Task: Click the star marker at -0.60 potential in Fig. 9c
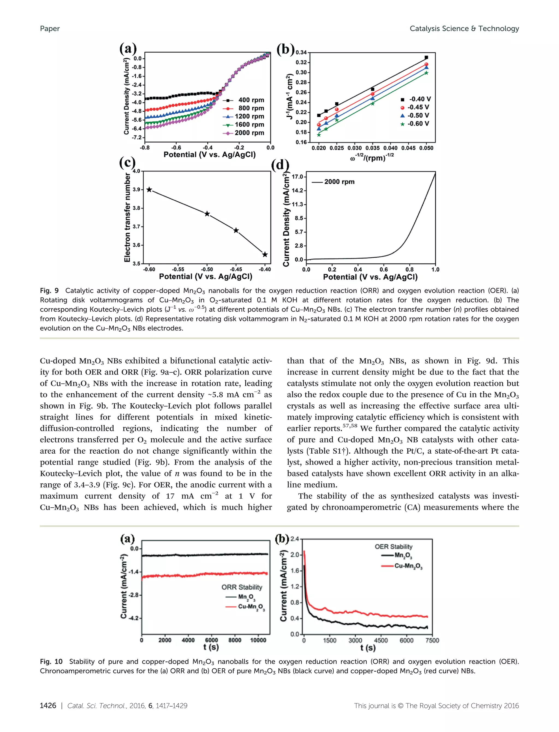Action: tap(149, 190)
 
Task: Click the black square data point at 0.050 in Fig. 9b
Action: tap(426, 58)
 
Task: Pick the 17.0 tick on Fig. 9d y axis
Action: tap(298, 177)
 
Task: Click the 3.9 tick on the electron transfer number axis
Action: tap(136, 190)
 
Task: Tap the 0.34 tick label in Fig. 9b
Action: tap(301, 53)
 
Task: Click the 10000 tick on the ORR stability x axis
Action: tap(258, 640)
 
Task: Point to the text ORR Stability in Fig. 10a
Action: tap(242, 587)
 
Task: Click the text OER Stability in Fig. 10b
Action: tap(393, 547)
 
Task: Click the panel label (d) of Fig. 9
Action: tap(280, 165)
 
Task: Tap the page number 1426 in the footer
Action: tap(48, 706)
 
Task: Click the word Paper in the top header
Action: tap(50, 29)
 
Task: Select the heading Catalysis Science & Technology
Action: tap(464, 29)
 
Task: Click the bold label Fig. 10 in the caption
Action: tap(51, 662)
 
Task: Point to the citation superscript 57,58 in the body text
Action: tap(350, 425)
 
